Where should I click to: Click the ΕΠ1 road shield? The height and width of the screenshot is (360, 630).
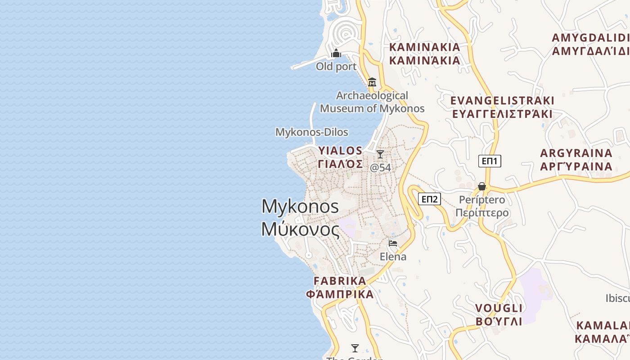pyautogui.click(x=490, y=161)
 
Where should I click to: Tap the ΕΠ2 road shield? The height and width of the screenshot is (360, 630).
pyautogui.click(x=429, y=199)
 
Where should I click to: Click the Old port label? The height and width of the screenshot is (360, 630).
pyautogui.click(x=336, y=67)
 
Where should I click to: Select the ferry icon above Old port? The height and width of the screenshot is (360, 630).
pyautogui.click(x=336, y=54)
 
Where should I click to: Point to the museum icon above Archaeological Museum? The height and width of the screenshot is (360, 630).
pyautogui.click(x=372, y=82)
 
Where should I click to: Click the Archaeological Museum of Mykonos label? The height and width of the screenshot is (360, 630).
pyautogui.click(x=372, y=102)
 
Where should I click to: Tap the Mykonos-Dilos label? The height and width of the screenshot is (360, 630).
pyautogui.click(x=312, y=132)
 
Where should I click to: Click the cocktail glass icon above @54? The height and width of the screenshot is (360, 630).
pyautogui.click(x=380, y=154)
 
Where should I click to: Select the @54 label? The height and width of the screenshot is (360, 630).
pyautogui.click(x=380, y=167)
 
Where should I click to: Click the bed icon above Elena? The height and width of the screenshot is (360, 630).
pyautogui.click(x=393, y=244)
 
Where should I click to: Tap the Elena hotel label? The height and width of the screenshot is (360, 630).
pyautogui.click(x=393, y=256)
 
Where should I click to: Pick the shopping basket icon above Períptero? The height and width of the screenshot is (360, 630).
pyautogui.click(x=482, y=186)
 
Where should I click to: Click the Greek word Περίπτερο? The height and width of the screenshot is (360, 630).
pyautogui.click(x=482, y=213)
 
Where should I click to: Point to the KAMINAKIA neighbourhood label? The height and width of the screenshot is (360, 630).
pyautogui.click(x=424, y=47)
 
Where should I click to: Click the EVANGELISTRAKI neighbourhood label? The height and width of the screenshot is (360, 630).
pyautogui.click(x=502, y=100)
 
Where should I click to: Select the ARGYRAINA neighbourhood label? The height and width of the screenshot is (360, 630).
pyautogui.click(x=576, y=153)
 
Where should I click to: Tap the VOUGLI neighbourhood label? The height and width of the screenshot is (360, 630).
pyautogui.click(x=499, y=308)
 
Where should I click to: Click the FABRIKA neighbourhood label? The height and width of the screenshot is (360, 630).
pyautogui.click(x=340, y=281)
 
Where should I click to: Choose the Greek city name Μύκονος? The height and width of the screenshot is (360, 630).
pyautogui.click(x=301, y=229)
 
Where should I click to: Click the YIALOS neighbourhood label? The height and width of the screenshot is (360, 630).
pyautogui.click(x=340, y=150)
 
